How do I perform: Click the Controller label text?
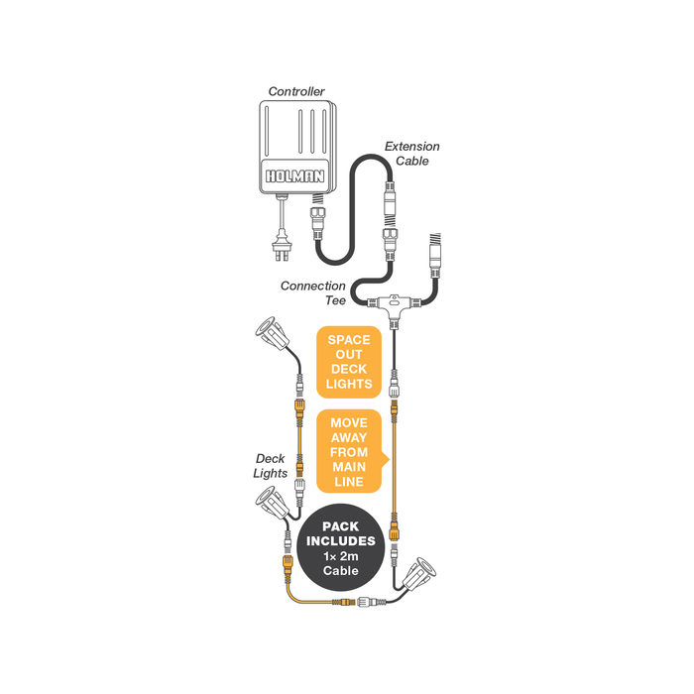click(296, 91)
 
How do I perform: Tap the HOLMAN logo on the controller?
click(294, 176)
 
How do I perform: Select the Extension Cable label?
click(411, 153)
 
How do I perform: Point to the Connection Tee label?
click(313, 293)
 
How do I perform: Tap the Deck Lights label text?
click(270, 466)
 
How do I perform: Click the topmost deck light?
click(272, 334)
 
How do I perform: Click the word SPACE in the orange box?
click(349, 340)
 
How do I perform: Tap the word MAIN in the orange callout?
click(349, 467)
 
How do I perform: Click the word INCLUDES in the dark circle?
click(341, 541)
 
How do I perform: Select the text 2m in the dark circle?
click(349, 556)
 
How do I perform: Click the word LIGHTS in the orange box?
click(349, 384)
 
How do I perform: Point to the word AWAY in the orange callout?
click(349, 438)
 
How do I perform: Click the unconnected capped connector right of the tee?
click(435, 254)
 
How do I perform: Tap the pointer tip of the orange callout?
click(389, 460)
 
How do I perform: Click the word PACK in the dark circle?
click(340, 526)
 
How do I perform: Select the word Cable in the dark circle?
click(340, 570)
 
